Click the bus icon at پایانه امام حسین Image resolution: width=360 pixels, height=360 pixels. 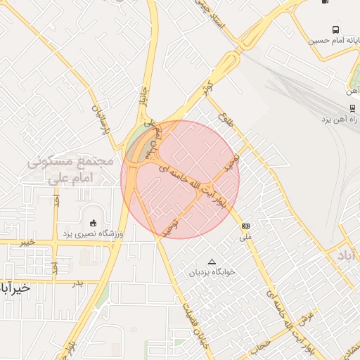pos(335,30)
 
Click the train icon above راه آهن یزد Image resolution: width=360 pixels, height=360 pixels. pos(352,108)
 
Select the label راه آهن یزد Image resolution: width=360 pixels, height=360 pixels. pos(340,120)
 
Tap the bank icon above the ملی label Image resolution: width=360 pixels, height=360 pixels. pos(245,226)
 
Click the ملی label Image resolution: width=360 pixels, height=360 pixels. pos(245,236)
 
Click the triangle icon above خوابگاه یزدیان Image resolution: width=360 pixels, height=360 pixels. pos(212,261)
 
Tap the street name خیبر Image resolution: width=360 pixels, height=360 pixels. pos(27,242)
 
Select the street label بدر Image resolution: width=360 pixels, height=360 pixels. pos(77,283)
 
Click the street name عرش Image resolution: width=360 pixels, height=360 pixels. pos(308,319)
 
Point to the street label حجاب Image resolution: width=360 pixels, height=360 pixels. pos(262,344)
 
